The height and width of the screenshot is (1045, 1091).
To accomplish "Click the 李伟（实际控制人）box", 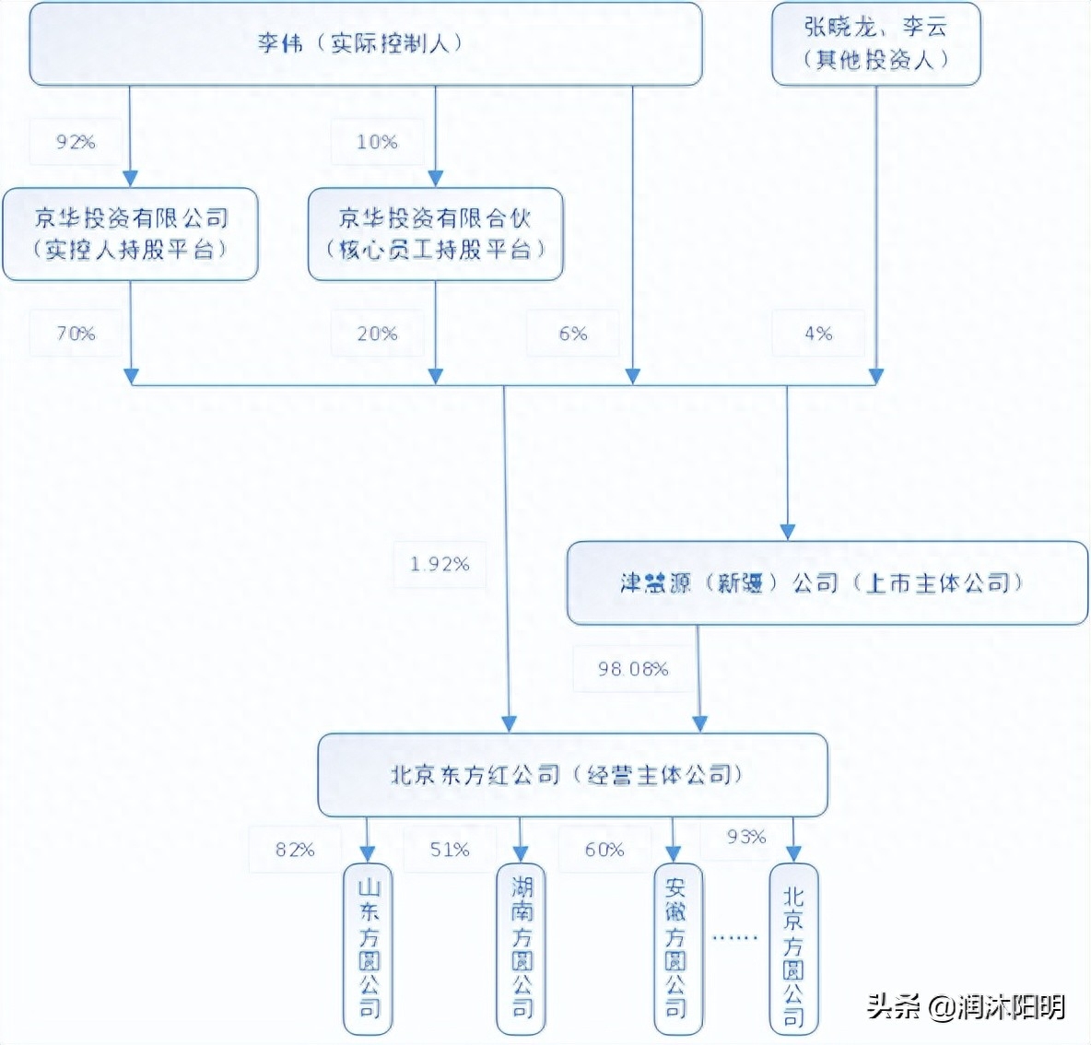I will tap(366, 43).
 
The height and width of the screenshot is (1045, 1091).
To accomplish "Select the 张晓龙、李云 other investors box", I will tap(875, 43).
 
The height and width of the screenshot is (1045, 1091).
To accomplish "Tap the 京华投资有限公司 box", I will tap(130, 234).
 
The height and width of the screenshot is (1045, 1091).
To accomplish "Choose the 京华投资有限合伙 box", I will tap(435, 234).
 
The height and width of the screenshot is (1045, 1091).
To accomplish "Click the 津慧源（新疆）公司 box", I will tap(827, 583).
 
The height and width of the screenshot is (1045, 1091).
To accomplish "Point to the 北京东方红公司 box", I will tap(571, 775).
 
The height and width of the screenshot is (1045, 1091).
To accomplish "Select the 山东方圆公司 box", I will tap(368, 948).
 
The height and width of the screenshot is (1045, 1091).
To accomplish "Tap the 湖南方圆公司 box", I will tap(522, 948).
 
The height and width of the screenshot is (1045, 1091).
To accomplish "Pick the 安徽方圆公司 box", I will tap(675, 948).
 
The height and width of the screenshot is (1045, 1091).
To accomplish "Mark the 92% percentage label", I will tap(76, 142).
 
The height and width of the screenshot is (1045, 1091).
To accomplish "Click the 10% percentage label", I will tap(377, 142).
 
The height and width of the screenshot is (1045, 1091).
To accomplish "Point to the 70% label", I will tap(76, 334).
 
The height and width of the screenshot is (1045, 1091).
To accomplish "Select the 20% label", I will tap(377, 334).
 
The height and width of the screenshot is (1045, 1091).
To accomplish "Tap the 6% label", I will tap(572, 334).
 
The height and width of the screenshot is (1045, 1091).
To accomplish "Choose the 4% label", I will tap(817, 334).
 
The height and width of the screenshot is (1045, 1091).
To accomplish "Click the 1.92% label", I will tap(440, 564).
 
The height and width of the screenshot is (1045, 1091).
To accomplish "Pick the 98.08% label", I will tap(633, 669).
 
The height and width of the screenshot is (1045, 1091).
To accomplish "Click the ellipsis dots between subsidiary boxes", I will tap(734, 937).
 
